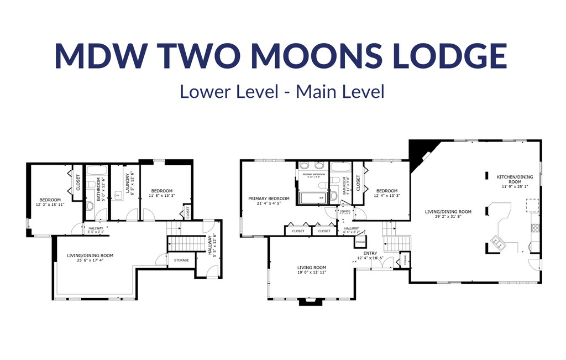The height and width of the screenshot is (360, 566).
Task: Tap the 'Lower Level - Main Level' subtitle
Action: (281, 91)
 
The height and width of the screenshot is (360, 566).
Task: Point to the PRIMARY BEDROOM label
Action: (269, 199)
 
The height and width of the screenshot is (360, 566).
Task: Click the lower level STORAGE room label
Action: (181, 260)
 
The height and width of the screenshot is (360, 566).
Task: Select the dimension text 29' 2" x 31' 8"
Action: (448, 217)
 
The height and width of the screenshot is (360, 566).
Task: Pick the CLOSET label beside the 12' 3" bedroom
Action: (78, 183)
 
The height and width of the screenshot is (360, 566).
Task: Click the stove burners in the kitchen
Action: (534, 226)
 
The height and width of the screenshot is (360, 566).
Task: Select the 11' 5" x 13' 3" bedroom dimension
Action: (161, 195)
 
